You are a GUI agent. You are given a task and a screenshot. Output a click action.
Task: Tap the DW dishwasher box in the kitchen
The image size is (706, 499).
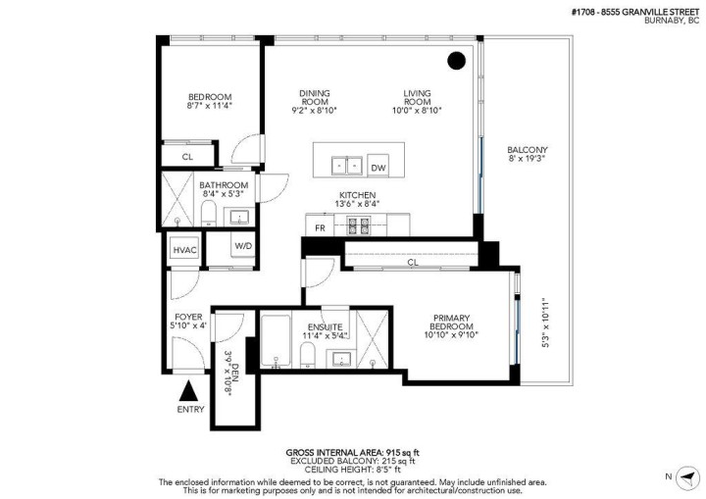[378, 166]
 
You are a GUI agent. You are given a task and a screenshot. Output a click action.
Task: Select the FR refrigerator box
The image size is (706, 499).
[320, 227]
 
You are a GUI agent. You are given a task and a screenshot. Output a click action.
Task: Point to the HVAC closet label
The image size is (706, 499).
[185, 250]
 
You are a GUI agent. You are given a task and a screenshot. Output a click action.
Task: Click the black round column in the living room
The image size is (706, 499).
[456, 61]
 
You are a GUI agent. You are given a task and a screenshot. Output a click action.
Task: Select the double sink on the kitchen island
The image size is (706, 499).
[345, 164]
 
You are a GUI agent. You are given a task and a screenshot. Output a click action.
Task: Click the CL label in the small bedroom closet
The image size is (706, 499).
[187, 156]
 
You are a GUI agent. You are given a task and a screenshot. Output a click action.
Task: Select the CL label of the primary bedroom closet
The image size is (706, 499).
[413, 262]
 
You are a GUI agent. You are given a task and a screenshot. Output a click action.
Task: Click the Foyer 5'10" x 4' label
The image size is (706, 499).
[188, 322]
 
